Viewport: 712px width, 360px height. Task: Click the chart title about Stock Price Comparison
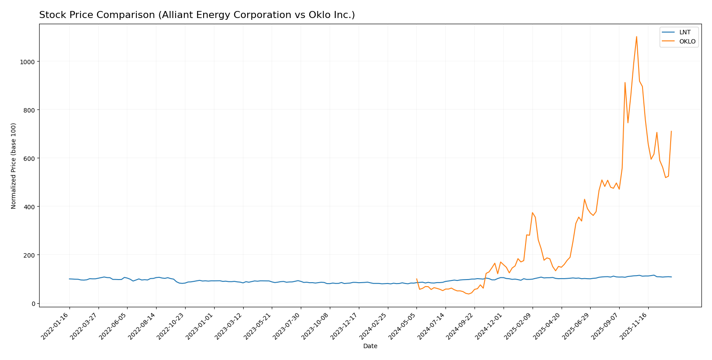[197, 15]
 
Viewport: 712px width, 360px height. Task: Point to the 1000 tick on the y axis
[28, 62]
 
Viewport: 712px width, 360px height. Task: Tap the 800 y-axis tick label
[29, 110]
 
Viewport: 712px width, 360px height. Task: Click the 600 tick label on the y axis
[29, 158]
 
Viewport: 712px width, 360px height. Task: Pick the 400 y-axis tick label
[29, 207]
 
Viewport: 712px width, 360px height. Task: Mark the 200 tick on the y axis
[29, 255]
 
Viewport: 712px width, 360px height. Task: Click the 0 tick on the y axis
[33, 303]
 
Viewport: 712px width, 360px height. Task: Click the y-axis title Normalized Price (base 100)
[14, 166]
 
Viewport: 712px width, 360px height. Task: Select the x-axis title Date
[370, 346]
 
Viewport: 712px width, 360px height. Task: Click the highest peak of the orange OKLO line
[636, 36]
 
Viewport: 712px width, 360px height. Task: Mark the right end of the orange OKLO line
[671, 131]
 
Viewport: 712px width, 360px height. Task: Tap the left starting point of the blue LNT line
[69, 279]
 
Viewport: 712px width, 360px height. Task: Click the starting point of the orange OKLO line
[416, 279]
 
